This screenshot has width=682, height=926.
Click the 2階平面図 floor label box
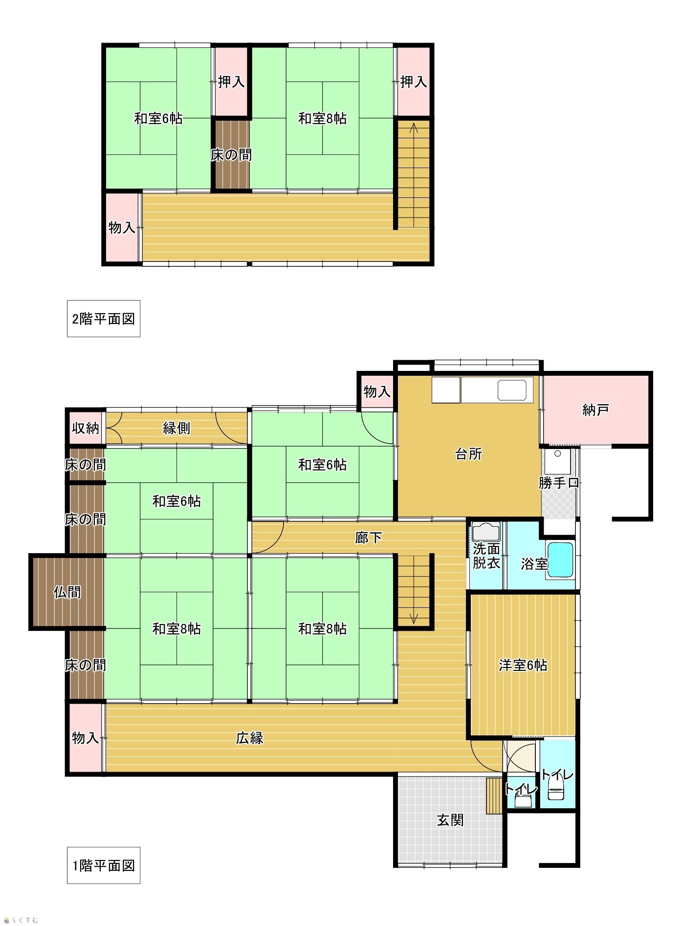pos(104,319)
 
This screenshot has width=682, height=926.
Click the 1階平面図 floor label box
pos(104,865)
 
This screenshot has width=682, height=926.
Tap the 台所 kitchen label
pos(468,454)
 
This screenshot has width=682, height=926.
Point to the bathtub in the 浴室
pos(560,561)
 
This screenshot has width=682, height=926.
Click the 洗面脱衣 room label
pos(486,556)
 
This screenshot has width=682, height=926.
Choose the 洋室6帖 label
pos(523,665)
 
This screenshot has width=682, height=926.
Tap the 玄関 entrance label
pos(450,820)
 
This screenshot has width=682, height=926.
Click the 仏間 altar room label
pos(67,592)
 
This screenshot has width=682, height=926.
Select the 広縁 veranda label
pos(250,738)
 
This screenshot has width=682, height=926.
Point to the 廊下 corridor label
pos(368,538)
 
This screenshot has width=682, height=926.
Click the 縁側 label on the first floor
pos(176,428)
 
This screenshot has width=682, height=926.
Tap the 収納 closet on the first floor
pos(86,428)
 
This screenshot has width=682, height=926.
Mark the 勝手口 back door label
pos(559,483)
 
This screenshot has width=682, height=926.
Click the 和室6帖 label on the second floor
pos(158,118)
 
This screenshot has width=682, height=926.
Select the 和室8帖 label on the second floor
pos(323,118)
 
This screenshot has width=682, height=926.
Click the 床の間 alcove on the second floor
pos(231,154)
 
